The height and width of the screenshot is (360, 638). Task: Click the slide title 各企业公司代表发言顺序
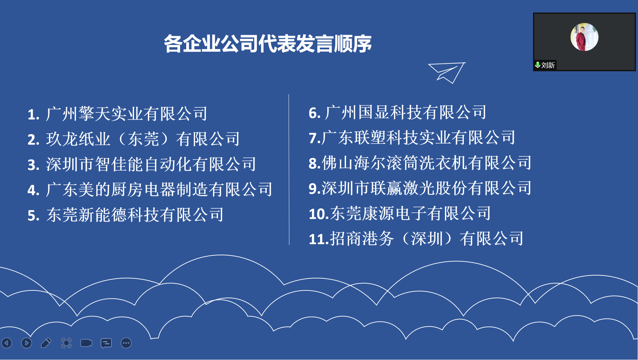point(268,44)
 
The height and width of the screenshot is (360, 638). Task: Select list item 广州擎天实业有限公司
point(127,113)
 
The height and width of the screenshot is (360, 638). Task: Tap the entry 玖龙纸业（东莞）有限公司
point(143,139)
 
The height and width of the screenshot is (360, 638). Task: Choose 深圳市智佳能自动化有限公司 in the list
point(151,164)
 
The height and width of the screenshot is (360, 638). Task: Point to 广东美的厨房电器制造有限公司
point(159,189)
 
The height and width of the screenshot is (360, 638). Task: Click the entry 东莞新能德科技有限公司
point(135,215)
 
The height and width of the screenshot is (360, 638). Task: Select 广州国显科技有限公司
point(405,112)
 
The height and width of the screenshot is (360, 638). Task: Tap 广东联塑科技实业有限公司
point(418,137)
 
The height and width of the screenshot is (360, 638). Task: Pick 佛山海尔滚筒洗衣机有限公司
point(427,163)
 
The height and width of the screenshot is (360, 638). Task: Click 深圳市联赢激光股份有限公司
point(427,188)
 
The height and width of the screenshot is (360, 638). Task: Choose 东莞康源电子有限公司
point(410,213)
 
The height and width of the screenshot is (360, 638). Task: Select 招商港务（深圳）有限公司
point(427,239)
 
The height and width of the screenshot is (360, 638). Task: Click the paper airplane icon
point(447,73)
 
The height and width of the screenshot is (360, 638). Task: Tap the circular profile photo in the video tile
point(584,37)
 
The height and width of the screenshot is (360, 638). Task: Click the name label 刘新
point(548,65)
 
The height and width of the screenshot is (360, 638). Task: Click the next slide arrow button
point(26,343)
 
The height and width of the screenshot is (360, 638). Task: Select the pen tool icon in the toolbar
point(46,343)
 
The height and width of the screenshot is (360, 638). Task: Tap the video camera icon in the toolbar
point(86,343)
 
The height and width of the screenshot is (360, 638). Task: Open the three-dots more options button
point(126,343)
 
